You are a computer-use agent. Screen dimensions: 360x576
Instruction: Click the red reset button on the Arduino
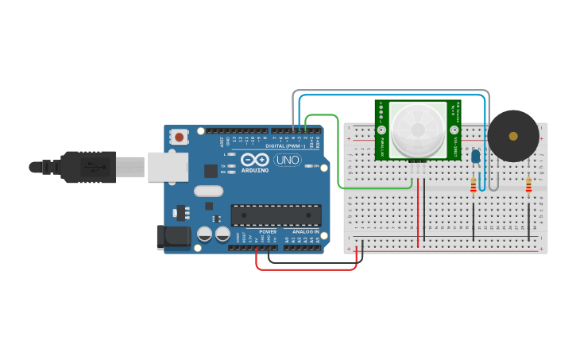180,137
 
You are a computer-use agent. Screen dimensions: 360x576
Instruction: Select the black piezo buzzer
512,136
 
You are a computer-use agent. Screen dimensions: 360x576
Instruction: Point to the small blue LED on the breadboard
475,156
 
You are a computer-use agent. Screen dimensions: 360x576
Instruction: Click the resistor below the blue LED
474,184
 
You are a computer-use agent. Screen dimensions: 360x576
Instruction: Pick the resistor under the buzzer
529,185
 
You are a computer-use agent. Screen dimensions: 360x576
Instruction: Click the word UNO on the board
288,160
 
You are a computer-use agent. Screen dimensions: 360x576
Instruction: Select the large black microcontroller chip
276,215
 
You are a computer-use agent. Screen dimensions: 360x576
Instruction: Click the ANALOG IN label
305,232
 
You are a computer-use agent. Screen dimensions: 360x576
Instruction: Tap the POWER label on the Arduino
268,232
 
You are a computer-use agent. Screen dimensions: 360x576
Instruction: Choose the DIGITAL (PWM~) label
287,145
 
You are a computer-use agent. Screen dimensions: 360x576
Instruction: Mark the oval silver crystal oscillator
208,191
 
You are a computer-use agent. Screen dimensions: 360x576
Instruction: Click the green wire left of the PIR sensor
339,159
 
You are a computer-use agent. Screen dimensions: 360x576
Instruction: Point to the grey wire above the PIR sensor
389,91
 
